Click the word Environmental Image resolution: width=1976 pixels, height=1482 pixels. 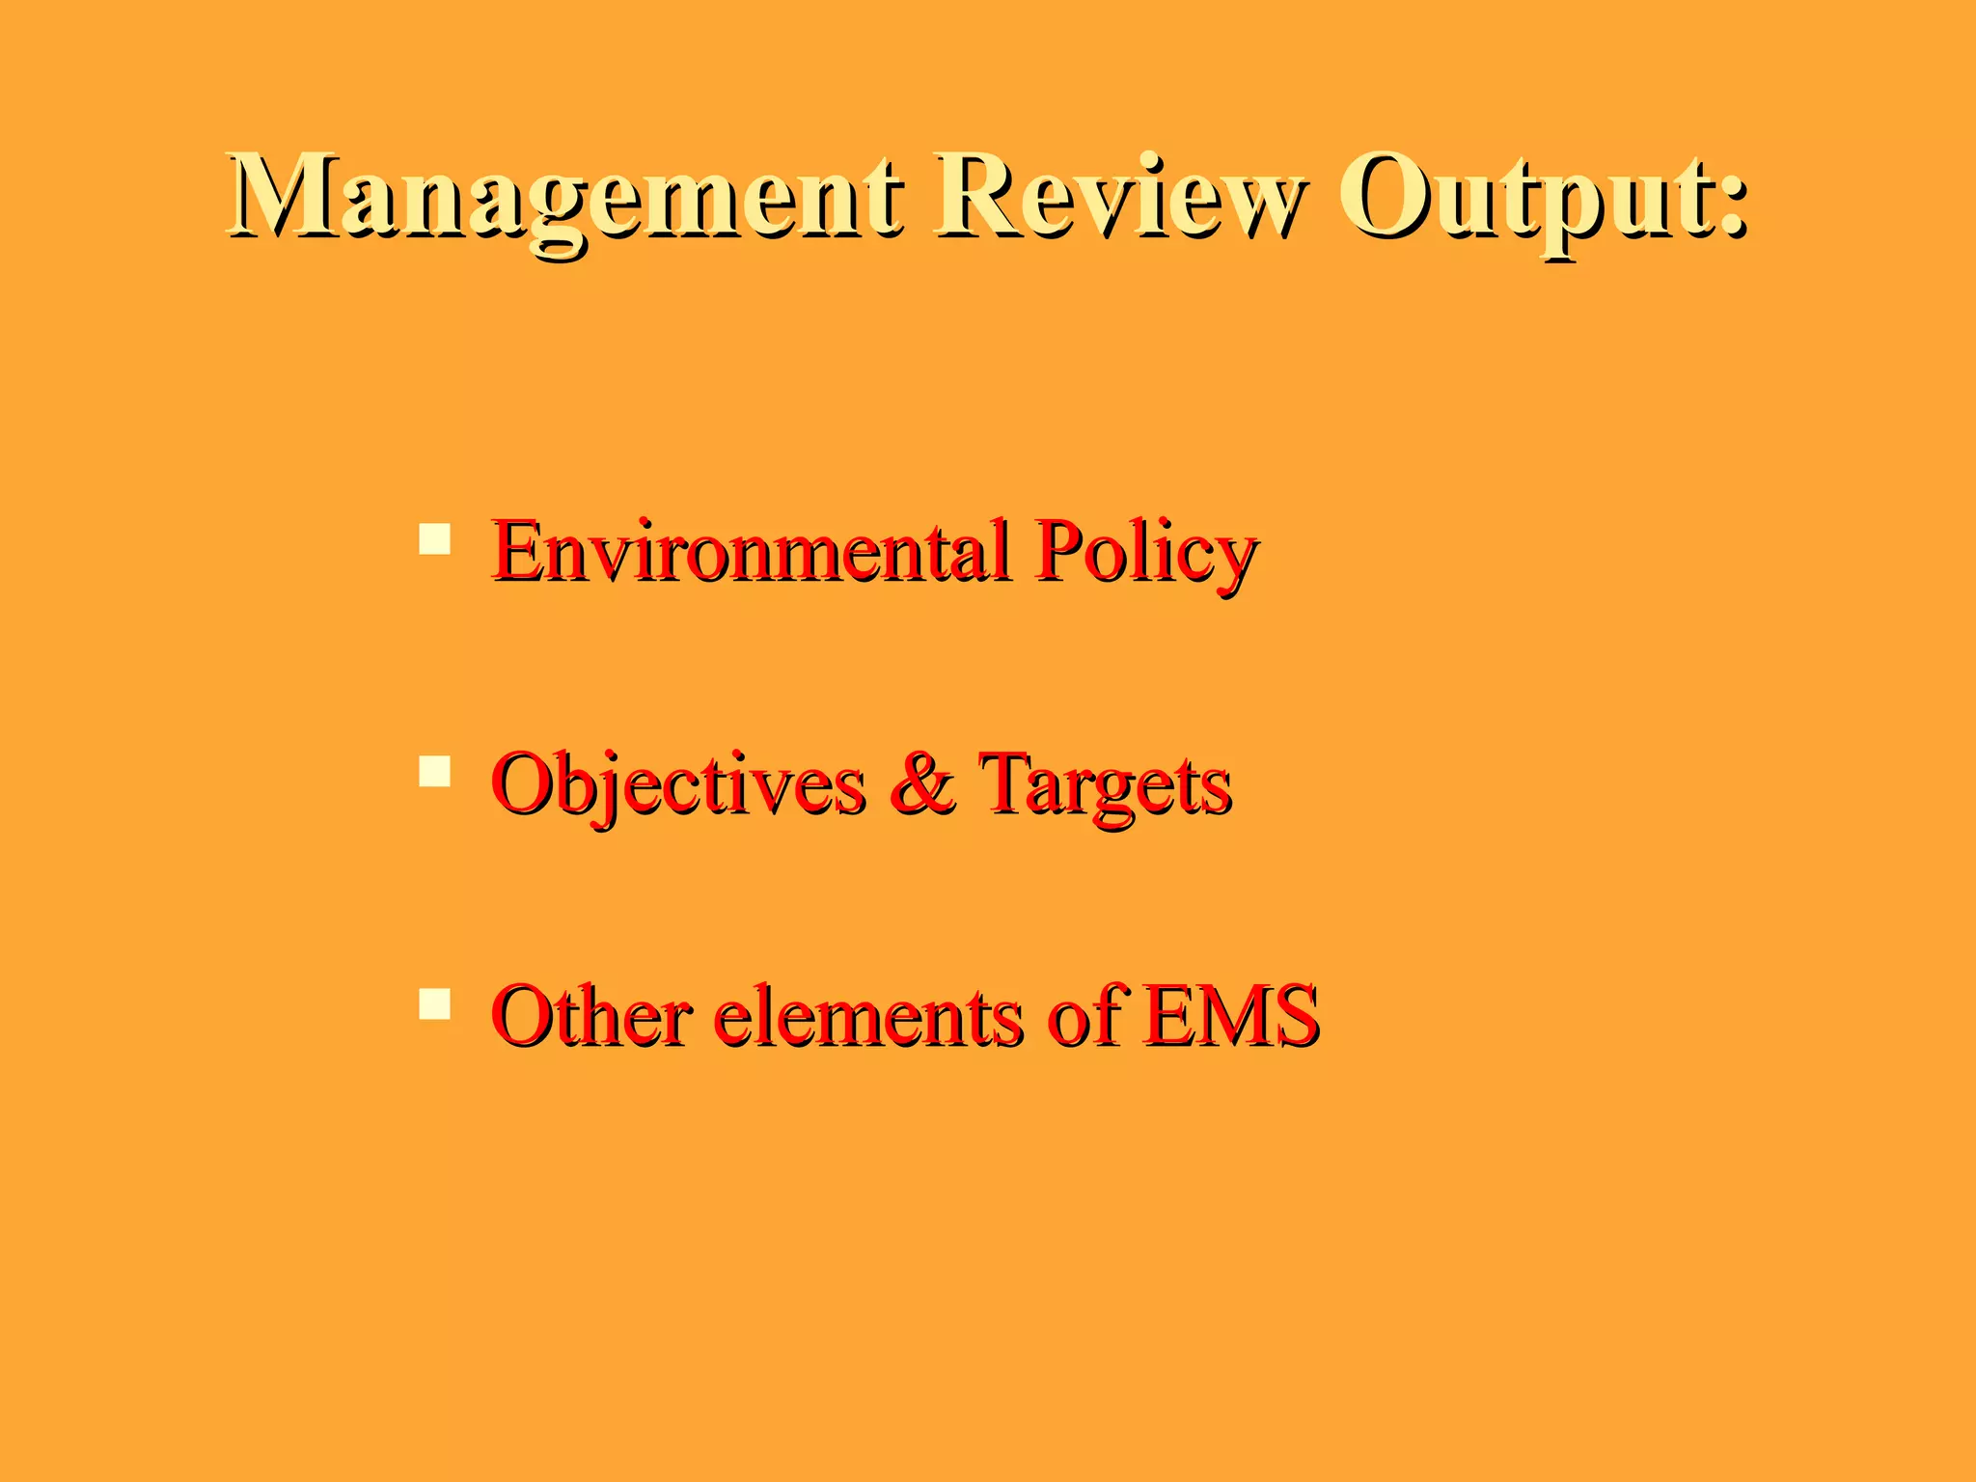[x=753, y=551]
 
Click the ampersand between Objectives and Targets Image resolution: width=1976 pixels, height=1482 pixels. [x=922, y=783]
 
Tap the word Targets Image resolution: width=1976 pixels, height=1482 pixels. [x=1106, y=784]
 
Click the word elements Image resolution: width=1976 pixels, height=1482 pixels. [x=869, y=1017]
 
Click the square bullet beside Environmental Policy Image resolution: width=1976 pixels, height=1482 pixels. [x=435, y=538]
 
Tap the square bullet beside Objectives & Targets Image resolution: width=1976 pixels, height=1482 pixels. [x=435, y=772]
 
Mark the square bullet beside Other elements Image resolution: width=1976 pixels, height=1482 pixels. [x=435, y=1003]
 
